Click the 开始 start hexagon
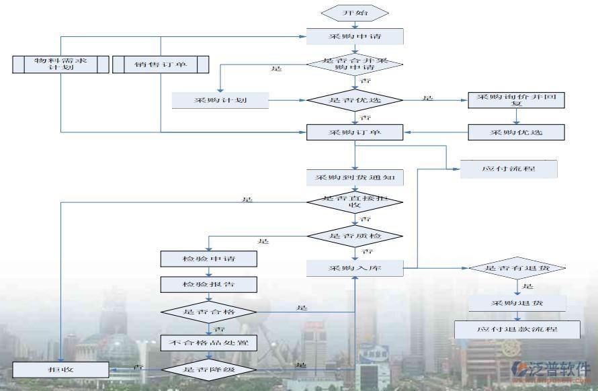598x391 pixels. [355, 13]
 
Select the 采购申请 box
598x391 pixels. [355, 36]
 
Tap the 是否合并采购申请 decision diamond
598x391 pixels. [355, 64]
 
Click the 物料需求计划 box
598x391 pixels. [60, 64]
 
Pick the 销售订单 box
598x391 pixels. [160, 64]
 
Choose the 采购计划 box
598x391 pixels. [220, 101]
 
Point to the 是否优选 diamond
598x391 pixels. [355, 100]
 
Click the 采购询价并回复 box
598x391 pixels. [516, 100]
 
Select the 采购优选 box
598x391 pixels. [516, 132]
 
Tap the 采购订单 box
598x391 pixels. [355, 132]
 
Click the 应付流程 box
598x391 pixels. [509, 168]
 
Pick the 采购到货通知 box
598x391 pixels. [355, 178]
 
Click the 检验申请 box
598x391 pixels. [209, 259]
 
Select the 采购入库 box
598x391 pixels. [355, 268]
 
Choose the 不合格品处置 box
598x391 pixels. [209, 343]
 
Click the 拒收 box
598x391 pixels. [60, 369]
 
